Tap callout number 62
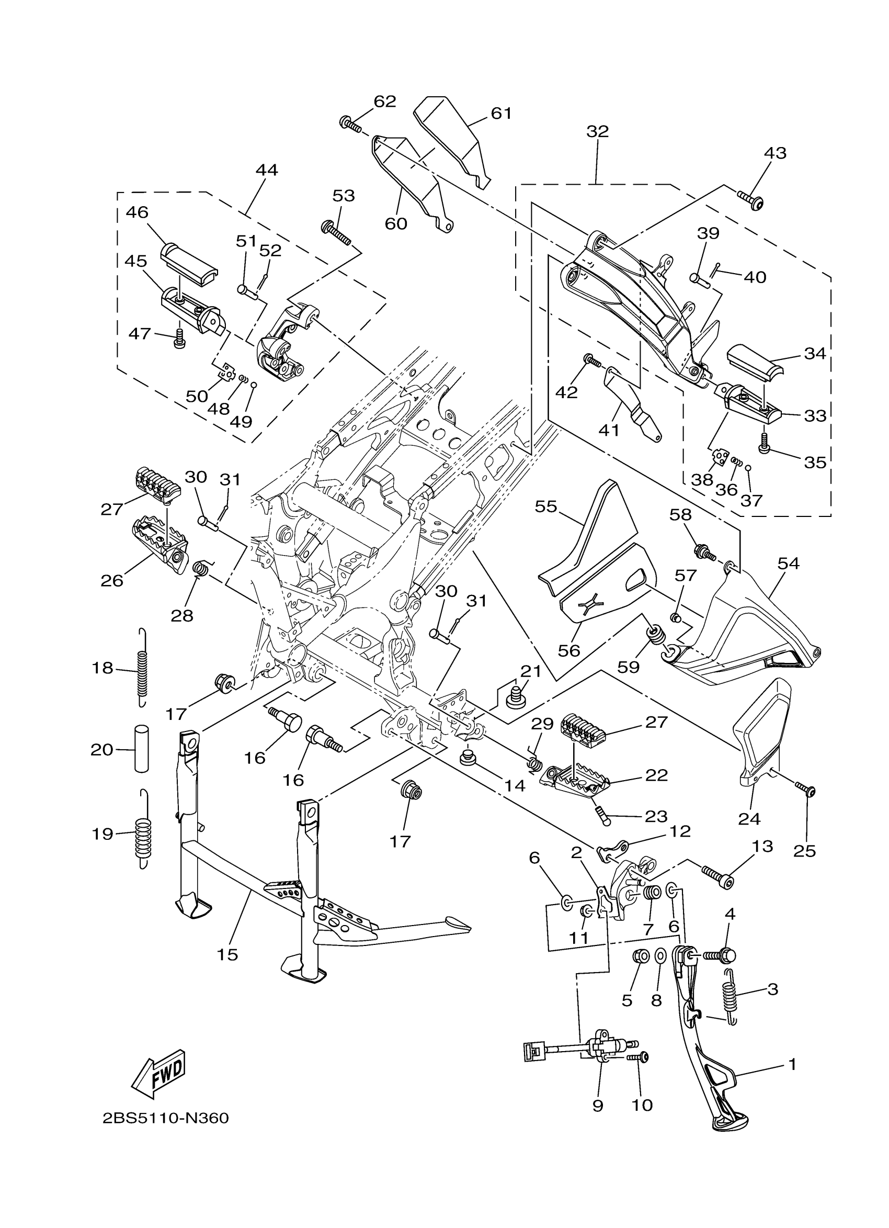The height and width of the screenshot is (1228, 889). [385, 102]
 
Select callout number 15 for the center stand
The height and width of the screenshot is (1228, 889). [227, 954]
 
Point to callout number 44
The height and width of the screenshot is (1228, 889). [266, 170]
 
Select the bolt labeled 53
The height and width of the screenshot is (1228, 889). [336, 232]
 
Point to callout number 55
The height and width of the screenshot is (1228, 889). [546, 507]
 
